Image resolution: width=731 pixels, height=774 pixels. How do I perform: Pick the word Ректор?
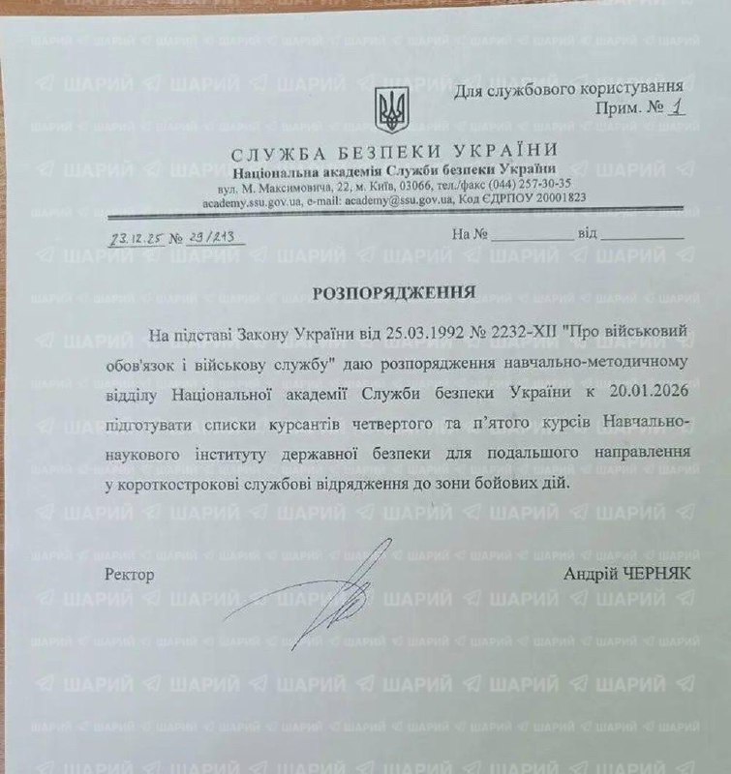[130, 574]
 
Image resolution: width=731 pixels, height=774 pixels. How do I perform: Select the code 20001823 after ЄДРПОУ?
[556, 198]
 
